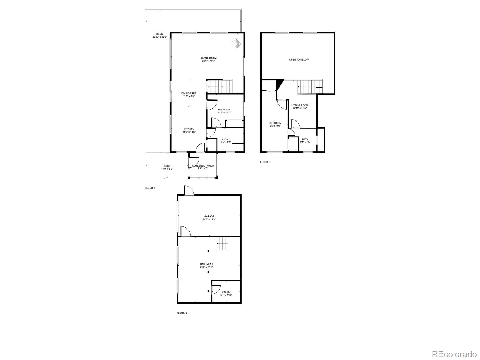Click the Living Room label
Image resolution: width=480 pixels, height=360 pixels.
click(x=208, y=59)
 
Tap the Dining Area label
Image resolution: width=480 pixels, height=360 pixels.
click(x=189, y=95)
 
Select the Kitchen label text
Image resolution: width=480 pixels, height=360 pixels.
click(x=189, y=130)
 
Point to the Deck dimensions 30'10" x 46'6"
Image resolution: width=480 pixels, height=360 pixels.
click(x=159, y=37)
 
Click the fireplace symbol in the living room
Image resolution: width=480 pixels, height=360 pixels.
click(x=236, y=44)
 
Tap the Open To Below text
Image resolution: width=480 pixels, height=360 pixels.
click(x=299, y=60)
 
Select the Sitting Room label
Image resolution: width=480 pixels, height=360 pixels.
click(x=299, y=106)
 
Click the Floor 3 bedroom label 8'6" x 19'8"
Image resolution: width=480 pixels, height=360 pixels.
click(x=275, y=124)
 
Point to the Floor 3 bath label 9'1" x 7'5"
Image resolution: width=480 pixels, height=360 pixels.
click(x=305, y=141)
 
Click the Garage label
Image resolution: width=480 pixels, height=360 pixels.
click(x=209, y=218)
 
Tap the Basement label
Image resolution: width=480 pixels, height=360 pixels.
click(x=207, y=265)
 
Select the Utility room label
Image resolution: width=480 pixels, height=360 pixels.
click(x=226, y=293)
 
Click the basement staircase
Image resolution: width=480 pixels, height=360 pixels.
click(x=223, y=243)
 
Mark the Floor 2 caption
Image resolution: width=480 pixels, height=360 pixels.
click(x=150, y=188)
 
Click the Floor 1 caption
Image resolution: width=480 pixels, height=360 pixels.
click(x=181, y=313)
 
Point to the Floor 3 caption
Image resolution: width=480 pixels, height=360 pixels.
click(x=265, y=162)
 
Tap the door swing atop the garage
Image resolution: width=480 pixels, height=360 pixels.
click(x=189, y=190)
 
